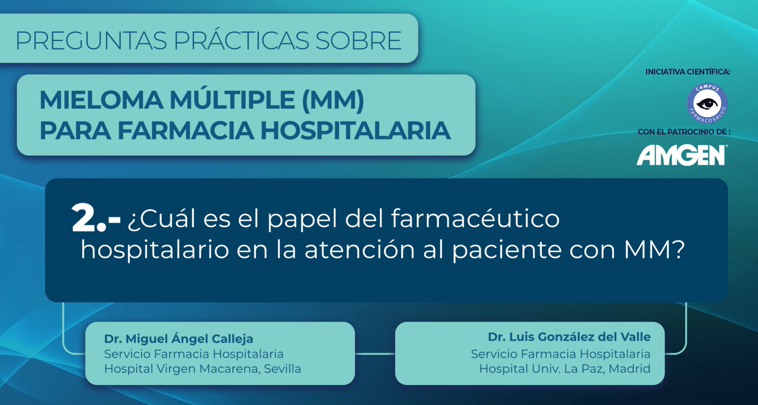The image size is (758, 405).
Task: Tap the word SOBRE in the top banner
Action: coord(358,41)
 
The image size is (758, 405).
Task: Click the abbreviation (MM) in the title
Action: coord(333,101)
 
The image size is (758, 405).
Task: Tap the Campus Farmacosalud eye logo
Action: coord(707,104)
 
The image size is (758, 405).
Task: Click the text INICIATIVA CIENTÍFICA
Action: coord(688,72)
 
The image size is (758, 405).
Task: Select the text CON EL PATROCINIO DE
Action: coord(684,132)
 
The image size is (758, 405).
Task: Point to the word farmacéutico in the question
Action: coord(475,219)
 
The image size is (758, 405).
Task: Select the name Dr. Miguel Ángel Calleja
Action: coord(179,339)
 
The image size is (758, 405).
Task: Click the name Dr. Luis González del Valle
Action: coord(569,337)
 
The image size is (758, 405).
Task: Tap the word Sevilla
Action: coord(283,369)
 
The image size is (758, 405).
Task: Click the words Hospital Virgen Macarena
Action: coord(182,369)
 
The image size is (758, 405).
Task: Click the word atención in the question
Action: coord(360,250)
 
